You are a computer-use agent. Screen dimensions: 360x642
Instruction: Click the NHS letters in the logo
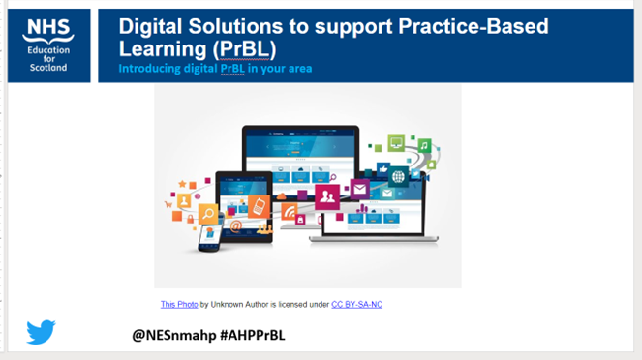point(48,28)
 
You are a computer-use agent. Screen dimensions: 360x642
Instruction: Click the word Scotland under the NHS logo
point(48,69)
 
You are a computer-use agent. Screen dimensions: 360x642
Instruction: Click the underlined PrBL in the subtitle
point(231,69)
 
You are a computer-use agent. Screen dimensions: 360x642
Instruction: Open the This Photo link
point(179,305)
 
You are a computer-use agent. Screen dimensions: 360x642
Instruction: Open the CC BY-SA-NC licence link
point(356,305)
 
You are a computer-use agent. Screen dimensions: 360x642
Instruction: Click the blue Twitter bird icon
point(41,332)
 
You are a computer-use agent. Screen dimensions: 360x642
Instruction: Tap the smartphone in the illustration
point(209,236)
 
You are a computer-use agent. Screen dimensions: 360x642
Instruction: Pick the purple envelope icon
point(360,190)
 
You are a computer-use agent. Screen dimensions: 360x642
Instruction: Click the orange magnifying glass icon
point(207,214)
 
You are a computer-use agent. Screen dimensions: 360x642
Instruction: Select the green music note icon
point(423,146)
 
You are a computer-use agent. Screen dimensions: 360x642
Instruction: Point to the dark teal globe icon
point(399,177)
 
